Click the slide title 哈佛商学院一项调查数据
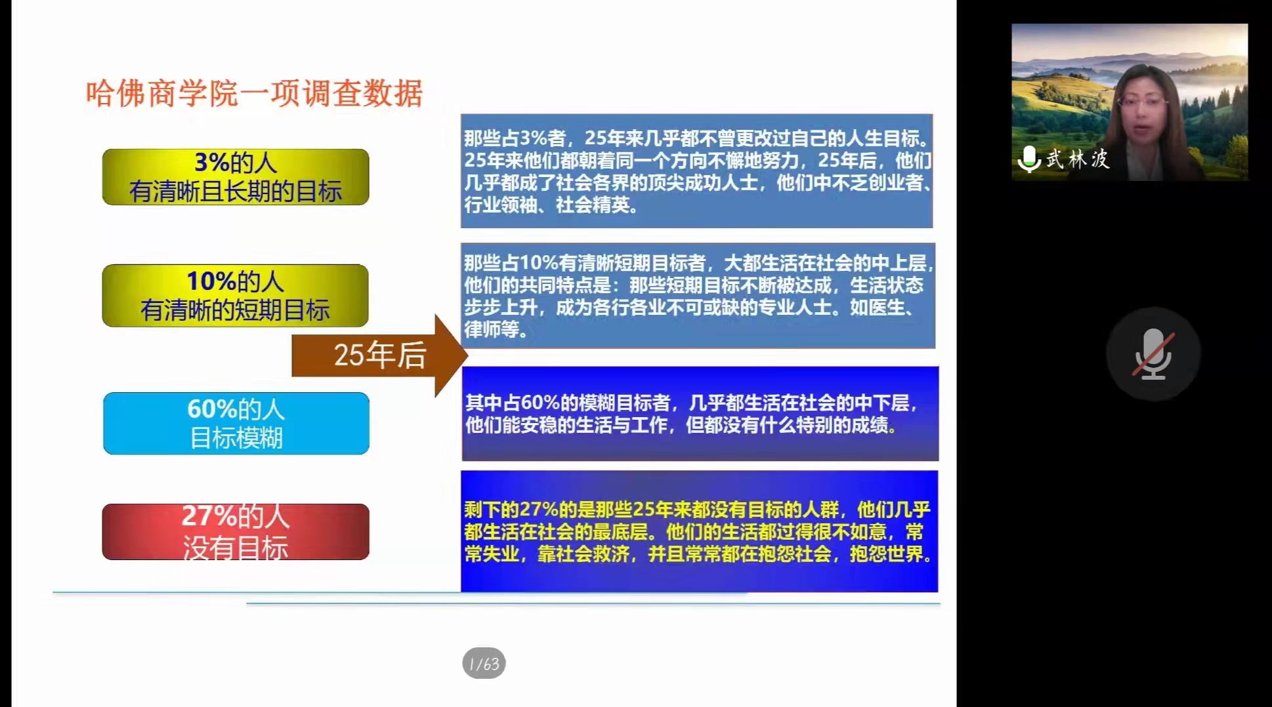point(255,93)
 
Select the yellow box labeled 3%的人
point(236,177)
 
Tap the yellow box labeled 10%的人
point(235,295)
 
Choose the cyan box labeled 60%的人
point(236,423)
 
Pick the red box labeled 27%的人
point(236,532)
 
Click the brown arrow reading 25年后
point(379,355)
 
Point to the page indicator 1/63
point(484,664)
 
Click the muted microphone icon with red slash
point(1153,354)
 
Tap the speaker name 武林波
point(1078,159)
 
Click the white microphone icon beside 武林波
point(1029,159)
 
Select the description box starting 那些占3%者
point(696,171)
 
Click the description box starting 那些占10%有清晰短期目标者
point(698,295)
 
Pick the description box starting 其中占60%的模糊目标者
point(700,414)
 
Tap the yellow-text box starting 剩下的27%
point(699,531)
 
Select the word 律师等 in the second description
point(492,329)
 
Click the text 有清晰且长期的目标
point(236,192)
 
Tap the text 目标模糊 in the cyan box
point(236,438)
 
